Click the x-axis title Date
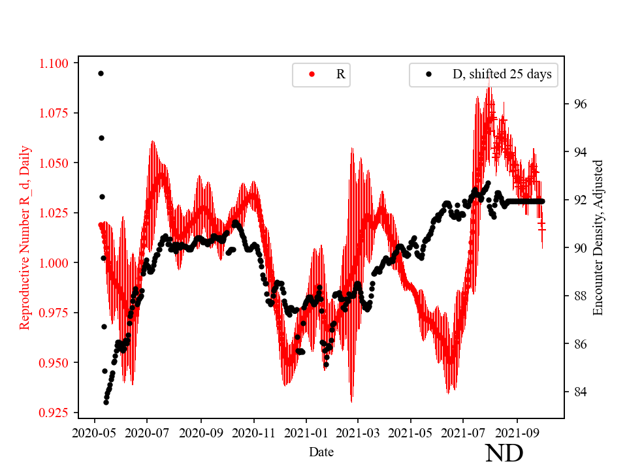[321, 451]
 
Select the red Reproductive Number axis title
[25, 237]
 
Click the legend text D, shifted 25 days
[502, 74]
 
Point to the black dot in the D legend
[429, 74]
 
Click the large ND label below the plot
[504, 452]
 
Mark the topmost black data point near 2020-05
[101, 73]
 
